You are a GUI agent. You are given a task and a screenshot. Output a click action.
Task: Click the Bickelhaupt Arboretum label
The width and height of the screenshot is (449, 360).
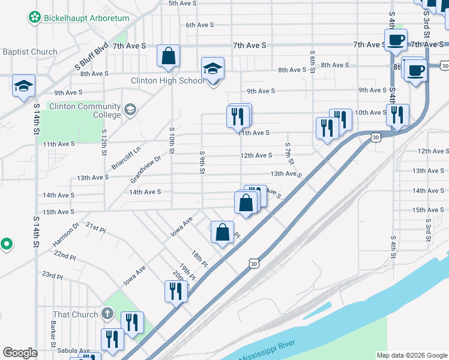86,18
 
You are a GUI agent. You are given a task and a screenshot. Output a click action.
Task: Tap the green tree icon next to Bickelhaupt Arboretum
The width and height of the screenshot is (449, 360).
35,18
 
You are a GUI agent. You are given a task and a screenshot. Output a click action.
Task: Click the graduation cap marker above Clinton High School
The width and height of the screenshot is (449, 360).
212,69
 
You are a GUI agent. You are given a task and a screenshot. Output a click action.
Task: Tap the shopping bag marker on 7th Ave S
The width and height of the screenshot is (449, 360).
169,56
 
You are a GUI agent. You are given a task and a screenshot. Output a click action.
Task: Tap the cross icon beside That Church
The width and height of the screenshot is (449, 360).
107,313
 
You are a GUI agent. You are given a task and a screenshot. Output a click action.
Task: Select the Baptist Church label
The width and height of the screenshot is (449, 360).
29,52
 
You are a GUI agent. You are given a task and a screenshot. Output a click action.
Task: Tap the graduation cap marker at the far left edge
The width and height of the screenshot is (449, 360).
23,86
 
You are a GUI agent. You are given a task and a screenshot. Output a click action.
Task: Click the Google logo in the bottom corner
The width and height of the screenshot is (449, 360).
20,353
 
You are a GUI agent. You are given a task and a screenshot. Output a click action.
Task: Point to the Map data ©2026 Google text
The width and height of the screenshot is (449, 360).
411,355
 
